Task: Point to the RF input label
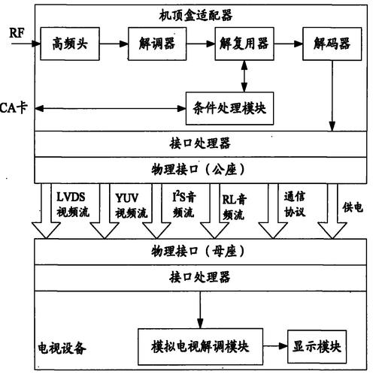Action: (17, 33)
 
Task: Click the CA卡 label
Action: (14, 108)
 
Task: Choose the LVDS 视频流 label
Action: (73, 204)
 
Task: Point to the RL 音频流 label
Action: (235, 204)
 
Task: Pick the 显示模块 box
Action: (318, 347)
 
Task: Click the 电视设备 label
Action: (62, 348)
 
